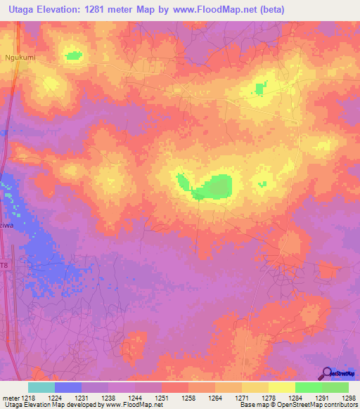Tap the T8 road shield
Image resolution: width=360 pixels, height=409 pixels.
4,265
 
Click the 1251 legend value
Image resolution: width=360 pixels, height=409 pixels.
160,396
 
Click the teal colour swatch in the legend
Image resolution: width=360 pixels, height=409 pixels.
41,387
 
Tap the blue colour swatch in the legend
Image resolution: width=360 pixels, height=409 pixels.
68,387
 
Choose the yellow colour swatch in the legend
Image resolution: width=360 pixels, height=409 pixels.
281,387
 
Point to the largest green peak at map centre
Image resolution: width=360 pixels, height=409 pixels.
214,187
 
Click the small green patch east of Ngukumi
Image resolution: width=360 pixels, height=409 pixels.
73,55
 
